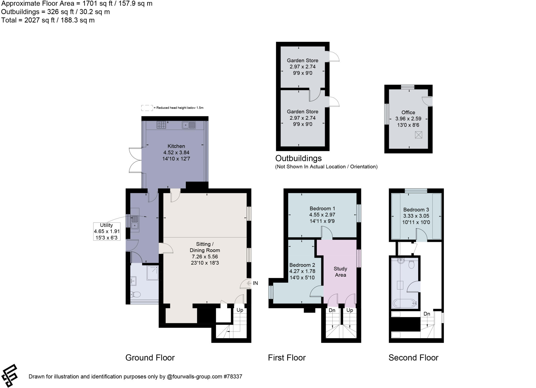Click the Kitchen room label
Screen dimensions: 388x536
(x=176, y=146)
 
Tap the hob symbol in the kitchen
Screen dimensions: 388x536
(x=161, y=125)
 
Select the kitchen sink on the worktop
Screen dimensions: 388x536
(x=189, y=125)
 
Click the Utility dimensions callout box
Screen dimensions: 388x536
(x=107, y=232)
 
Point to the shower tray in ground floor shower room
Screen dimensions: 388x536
(x=153, y=273)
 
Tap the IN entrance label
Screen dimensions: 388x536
(x=255, y=283)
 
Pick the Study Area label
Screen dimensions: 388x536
(x=340, y=272)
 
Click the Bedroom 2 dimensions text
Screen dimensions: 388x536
(x=302, y=275)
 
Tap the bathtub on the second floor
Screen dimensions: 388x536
(x=405, y=303)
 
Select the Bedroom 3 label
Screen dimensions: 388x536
(x=416, y=210)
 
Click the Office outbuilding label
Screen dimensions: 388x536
(x=408, y=112)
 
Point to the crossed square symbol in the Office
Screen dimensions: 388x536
(x=418, y=135)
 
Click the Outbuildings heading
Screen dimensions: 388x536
(x=298, y=158)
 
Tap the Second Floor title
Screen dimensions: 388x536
(x=413, y=358)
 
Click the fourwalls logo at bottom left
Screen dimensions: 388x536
(x=10, y=375)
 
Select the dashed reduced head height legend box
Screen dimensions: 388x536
(x=147, y=108)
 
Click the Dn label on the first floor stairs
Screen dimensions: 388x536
(x=332, y=310)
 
